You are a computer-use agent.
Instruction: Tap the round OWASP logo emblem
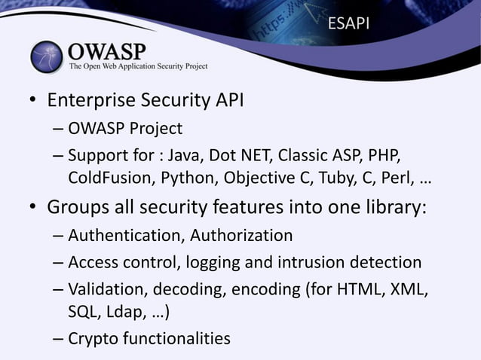47,56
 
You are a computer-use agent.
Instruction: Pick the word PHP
384,157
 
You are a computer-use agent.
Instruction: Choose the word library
393,207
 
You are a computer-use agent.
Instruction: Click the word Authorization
241,236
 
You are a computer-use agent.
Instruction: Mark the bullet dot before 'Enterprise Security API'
33,102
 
